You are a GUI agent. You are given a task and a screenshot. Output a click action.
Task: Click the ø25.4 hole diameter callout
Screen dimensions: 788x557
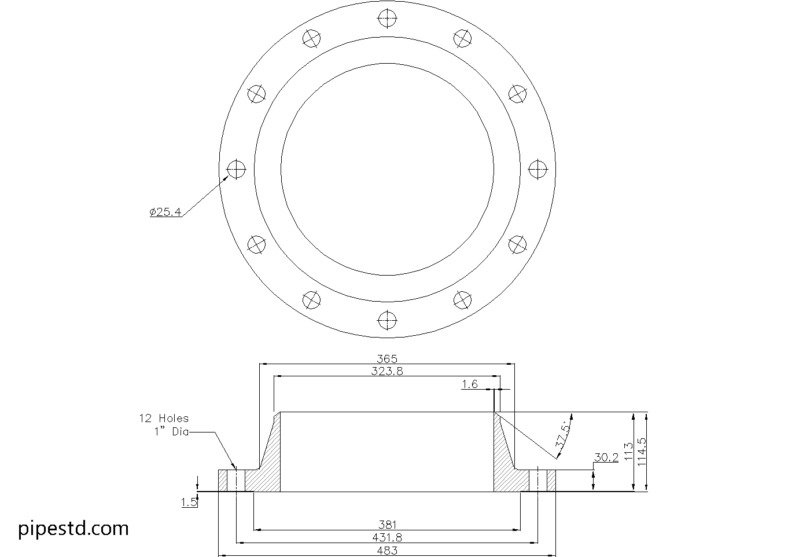click(165, 212)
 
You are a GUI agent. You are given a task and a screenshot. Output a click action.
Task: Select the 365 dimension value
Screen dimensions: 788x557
click(387, 359)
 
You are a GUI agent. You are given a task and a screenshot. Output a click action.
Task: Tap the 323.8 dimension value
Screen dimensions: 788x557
click(387, 371)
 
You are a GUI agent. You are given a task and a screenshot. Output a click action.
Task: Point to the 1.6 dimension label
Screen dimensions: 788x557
click(470, 384)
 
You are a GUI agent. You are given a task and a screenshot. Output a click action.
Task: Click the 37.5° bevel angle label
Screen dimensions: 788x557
click(562, 434)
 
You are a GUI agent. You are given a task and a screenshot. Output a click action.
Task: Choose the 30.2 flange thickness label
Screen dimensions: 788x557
click(606, 457)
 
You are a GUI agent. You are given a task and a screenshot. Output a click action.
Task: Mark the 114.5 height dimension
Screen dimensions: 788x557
click(641, 452)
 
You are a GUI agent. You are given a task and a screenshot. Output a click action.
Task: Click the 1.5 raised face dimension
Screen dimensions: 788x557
click(189, 503)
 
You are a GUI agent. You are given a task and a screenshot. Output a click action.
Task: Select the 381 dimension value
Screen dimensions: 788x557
click(387, 525)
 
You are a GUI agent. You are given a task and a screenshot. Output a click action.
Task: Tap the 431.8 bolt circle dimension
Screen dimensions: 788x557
click(387, 538)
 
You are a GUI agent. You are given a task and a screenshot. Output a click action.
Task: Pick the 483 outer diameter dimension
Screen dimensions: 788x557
click(387, 550)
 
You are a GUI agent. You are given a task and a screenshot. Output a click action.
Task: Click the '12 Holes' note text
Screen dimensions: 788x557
click(164, 418)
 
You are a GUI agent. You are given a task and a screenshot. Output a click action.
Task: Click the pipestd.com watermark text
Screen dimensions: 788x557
click(73, 529)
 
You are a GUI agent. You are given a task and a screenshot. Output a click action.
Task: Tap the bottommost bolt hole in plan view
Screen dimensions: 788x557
click(387, 320)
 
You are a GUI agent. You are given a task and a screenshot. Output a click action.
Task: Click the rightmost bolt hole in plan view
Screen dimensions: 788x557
click(538, 169)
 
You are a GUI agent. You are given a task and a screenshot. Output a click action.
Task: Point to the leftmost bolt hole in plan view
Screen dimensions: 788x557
click(237, 169)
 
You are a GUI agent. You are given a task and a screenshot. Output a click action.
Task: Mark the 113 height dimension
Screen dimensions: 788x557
click(628, 452)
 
